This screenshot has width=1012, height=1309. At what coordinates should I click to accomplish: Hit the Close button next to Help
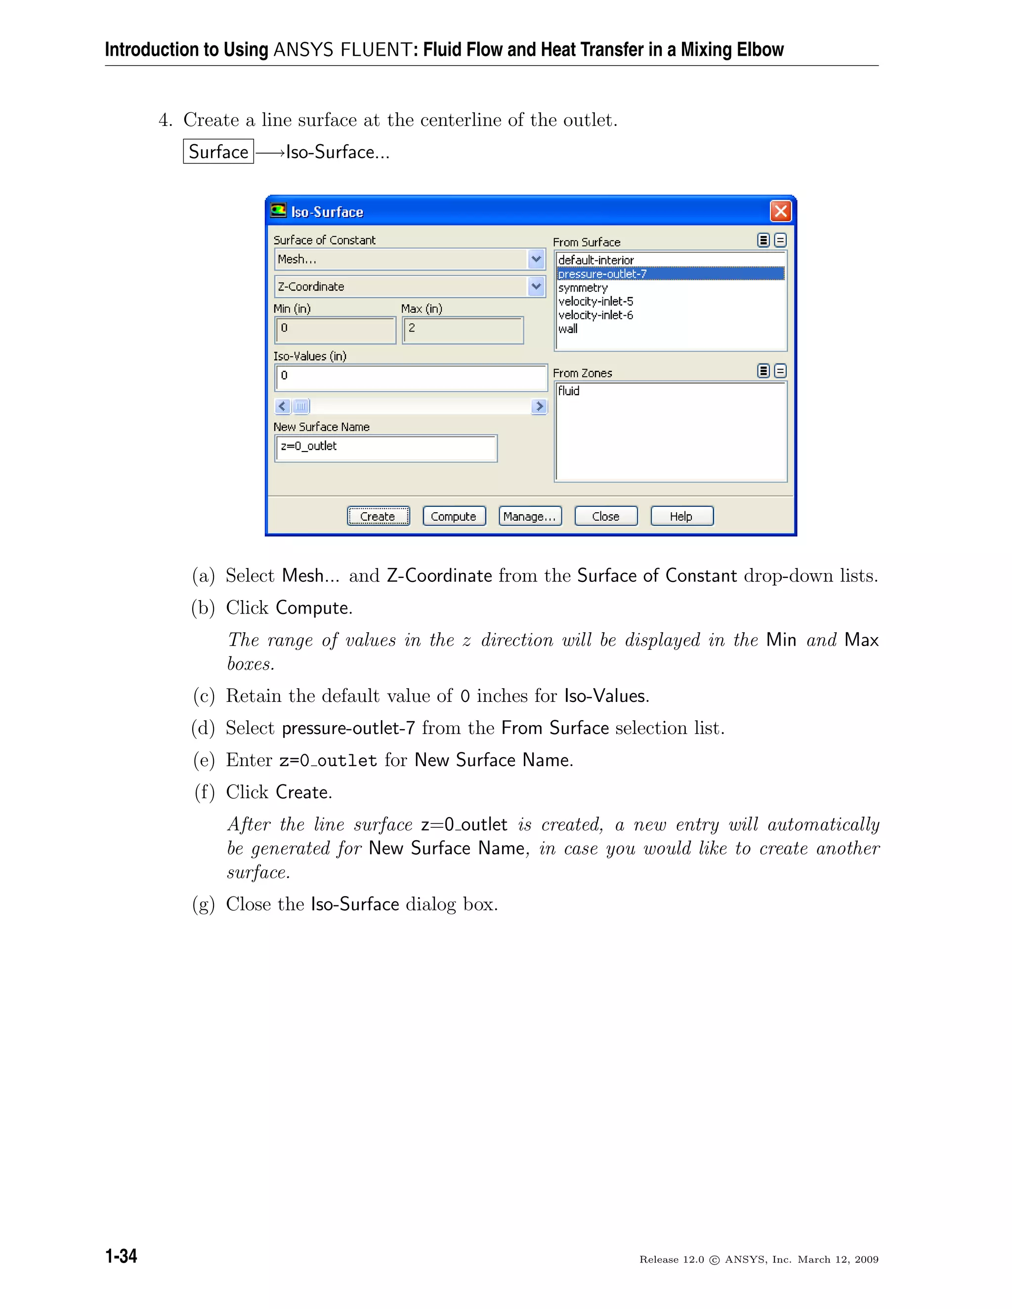(605, 516)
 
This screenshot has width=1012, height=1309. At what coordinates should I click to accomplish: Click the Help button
(681, 516)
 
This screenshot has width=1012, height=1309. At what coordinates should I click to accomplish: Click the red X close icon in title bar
(781, 211)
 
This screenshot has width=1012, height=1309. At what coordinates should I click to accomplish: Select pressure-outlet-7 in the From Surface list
(602, 274)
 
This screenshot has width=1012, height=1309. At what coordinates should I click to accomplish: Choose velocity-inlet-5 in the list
(595, 301)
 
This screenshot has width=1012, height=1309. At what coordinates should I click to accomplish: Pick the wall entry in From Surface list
(568, 329)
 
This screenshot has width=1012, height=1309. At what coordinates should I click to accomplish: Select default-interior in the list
(596, 260)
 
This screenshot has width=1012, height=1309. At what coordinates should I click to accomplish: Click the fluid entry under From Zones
(568, 391)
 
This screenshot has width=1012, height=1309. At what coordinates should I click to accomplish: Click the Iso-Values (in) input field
(411, 377)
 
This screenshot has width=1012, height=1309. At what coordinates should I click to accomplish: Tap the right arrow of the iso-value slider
(539, 407)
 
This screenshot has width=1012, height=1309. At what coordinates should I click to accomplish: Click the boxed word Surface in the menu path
(218, 152)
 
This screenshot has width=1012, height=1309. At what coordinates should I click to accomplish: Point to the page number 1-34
(121, 1256)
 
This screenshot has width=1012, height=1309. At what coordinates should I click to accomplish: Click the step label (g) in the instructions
(203, 904)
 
